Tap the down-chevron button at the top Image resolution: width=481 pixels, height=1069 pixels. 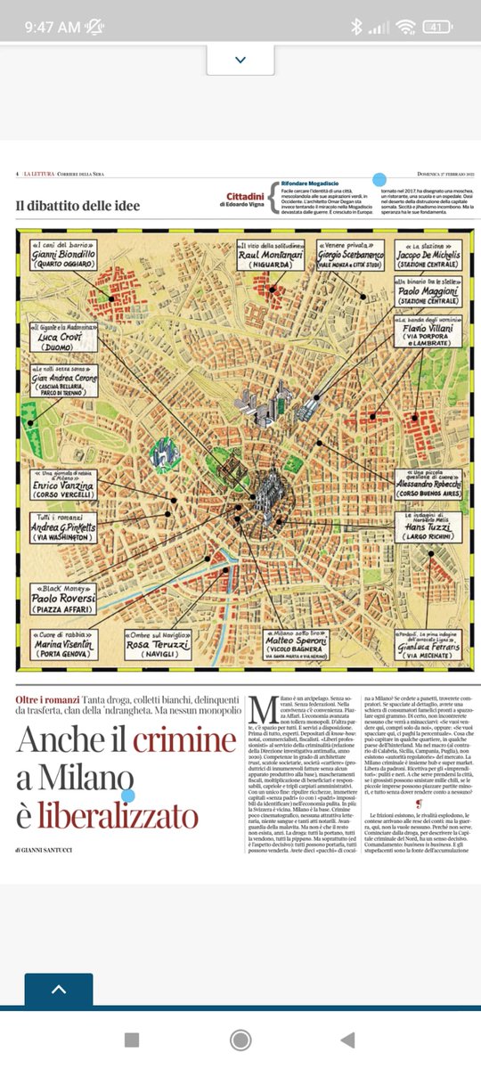[240, 60]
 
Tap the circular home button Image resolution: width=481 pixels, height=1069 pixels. [240, 1040]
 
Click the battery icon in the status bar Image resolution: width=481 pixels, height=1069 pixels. [437, 27]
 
